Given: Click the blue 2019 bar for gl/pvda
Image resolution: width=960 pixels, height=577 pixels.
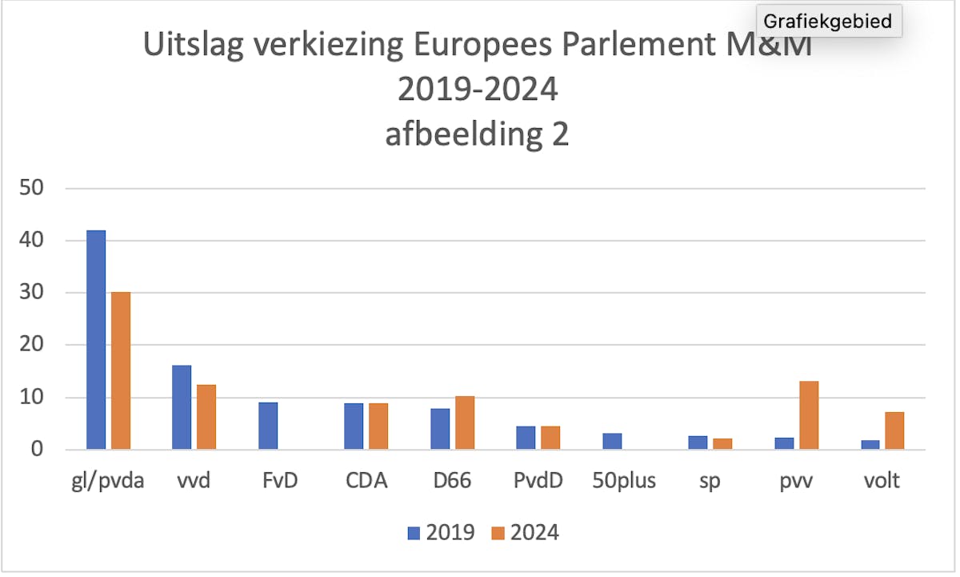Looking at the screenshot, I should click(x=96, y=340).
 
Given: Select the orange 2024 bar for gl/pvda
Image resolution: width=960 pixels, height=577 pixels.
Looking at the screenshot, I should click(x=121, y=371).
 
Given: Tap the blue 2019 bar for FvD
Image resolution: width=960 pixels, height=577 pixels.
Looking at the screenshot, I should click(x=268, y=426).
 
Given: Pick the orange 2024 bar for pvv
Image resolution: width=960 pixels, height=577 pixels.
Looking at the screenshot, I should click(x=808, y=415).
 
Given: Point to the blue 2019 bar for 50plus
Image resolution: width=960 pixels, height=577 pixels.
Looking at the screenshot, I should click(x=612, y=441).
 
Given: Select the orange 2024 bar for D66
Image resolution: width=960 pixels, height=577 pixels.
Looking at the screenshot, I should click(x=465, y=423).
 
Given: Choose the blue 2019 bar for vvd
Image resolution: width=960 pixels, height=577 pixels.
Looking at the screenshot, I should click(x=182, y=407).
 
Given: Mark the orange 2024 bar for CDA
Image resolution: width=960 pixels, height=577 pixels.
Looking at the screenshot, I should click(x=378, y=427).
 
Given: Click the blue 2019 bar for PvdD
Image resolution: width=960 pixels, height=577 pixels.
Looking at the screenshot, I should click(x=526, y=438).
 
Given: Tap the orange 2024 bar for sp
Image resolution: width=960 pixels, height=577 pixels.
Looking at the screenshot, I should click(x=722, y=444).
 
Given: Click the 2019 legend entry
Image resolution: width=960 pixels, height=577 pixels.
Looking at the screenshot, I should click(x=441, y=532).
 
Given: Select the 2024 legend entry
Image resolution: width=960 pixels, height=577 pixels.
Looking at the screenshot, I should click(x=524, y=532).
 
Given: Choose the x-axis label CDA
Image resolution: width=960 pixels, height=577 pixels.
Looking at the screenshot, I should click(x=367, y=482).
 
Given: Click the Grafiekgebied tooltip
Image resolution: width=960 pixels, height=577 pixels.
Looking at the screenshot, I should click(x=828, y=21).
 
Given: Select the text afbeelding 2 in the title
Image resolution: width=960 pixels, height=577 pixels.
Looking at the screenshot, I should click(x=477, y=134).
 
